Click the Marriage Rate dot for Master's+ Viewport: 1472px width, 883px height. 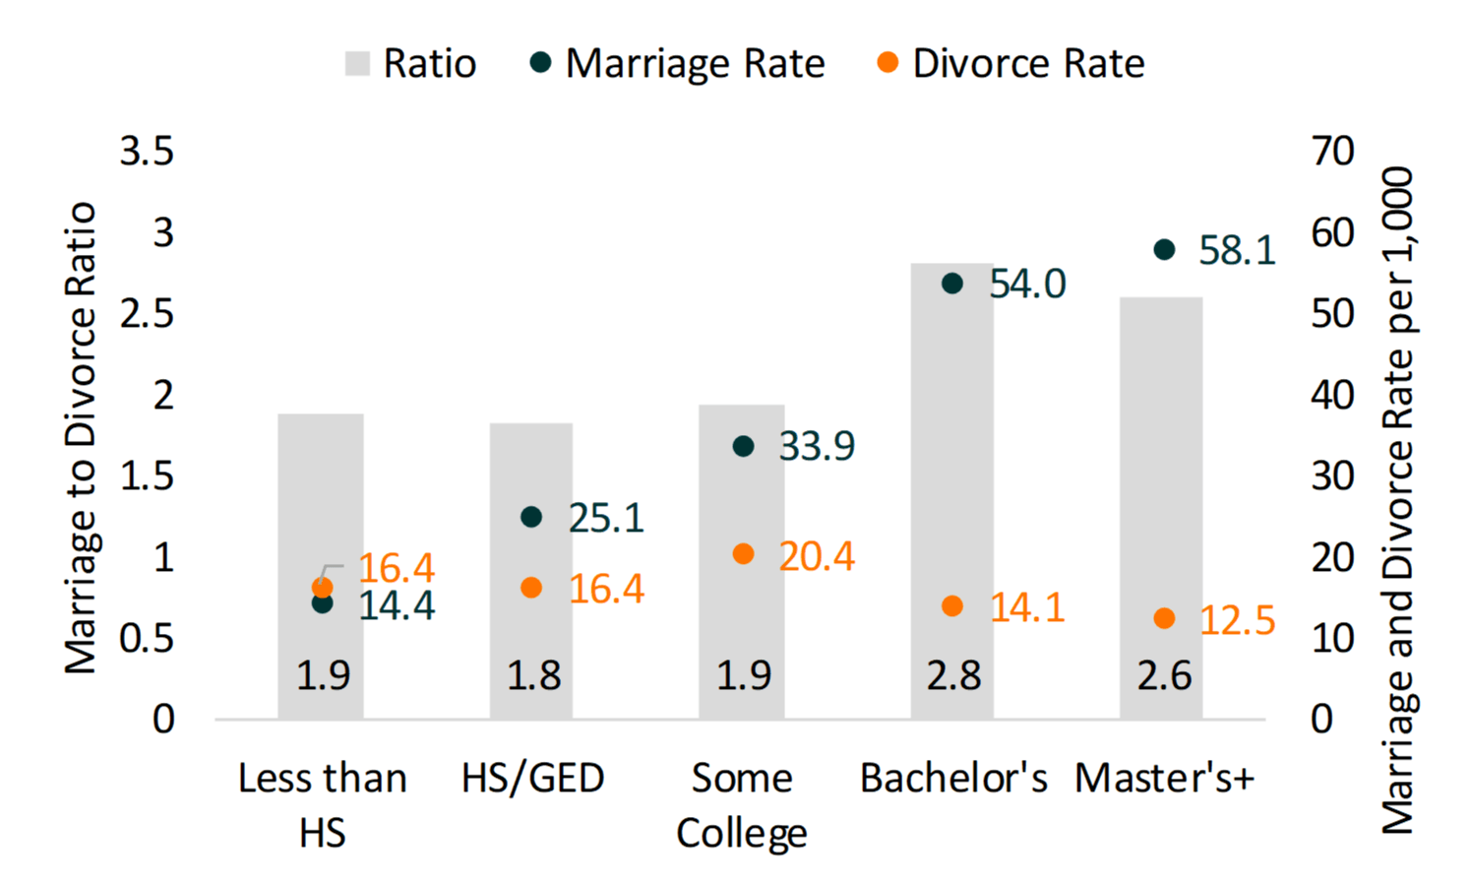point(1164,249)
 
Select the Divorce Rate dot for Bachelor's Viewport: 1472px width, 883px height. point(951,605)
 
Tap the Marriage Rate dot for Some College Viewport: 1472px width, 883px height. point(743,446)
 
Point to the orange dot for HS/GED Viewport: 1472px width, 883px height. point(531,588)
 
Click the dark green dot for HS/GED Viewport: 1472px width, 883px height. point(531,517)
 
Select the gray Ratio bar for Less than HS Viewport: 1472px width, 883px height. point(321,492)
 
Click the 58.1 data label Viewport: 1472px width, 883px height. point(1236,251)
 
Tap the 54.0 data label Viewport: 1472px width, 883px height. point(1026,284)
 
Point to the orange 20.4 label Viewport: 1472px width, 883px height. point(817,557)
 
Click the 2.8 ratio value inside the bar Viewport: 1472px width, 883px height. point(952,676)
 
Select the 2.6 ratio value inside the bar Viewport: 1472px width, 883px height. point(1163,676)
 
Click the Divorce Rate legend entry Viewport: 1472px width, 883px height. point(1011,64)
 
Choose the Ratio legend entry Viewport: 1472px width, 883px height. point(410,64)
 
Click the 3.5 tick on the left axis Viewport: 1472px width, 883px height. point(147,152)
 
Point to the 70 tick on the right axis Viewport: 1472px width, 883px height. point(1332,152)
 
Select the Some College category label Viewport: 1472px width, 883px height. point(742,804)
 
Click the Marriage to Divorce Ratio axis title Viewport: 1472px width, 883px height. point(81,438)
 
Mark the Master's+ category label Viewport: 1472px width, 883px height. point(1164,778)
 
